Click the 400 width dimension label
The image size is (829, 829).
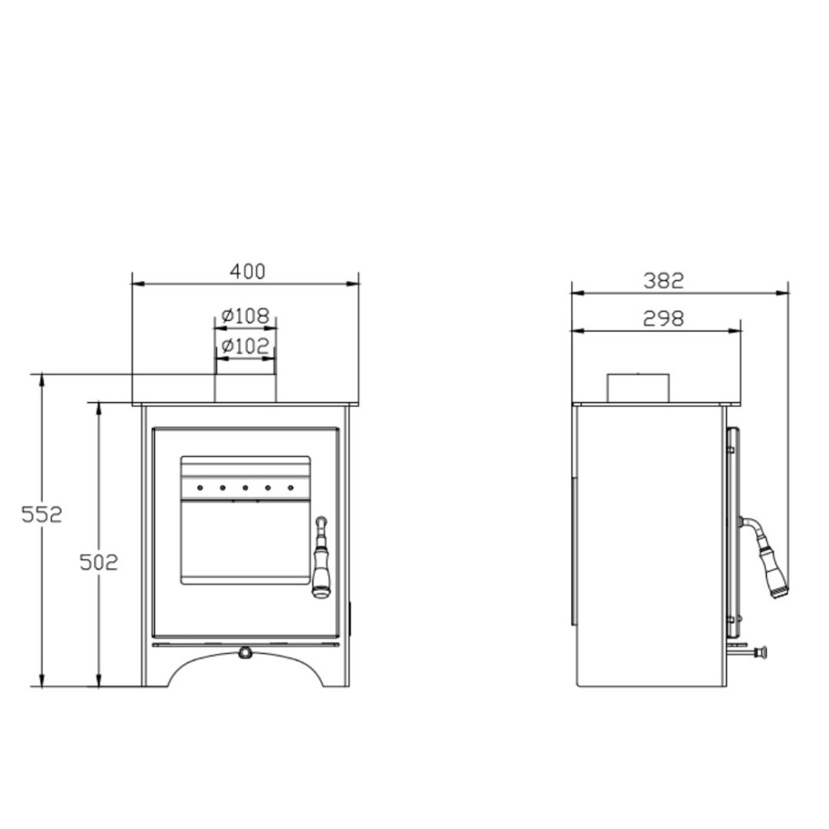pos(247,271)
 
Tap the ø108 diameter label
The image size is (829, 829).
pos(245,316)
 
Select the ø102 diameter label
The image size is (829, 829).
pos(245,347)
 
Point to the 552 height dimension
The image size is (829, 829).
pos(41,514)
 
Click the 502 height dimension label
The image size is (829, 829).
pos(99,562)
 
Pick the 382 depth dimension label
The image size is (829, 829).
pos(663,281)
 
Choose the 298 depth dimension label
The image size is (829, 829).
pos(663,318)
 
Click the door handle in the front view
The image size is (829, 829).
pos(321,557)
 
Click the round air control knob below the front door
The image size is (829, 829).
pos(245,652)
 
